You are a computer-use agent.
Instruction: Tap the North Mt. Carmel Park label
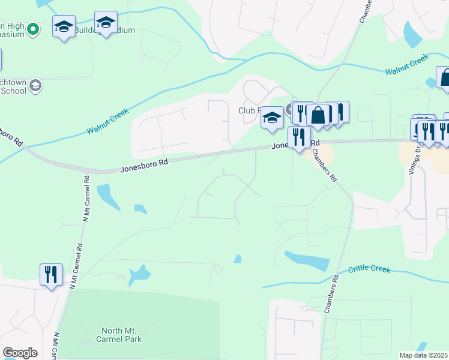(121, 335)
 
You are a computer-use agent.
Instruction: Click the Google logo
(20, 353)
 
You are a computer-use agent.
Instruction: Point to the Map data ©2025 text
(424, 355)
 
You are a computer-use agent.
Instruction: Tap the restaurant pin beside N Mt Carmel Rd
(50, 275)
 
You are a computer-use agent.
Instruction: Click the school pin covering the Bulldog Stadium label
(106, 23)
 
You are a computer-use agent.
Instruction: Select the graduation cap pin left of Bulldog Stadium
(64, 26)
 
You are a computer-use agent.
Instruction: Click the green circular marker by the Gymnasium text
(33, 28)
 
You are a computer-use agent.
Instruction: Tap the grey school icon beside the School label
(35, 86)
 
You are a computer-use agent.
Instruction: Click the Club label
(248, 110)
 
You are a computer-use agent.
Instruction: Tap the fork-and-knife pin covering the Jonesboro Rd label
(298, 137)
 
